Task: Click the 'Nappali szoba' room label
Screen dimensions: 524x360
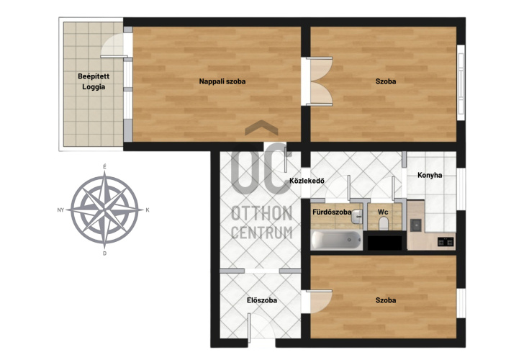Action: click(x=222, y=81)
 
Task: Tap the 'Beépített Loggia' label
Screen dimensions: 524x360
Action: click(x=94, y=81)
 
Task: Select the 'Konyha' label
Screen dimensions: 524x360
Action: click(x=430, y=175)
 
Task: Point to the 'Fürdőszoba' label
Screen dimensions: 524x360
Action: click(x=332, y=212)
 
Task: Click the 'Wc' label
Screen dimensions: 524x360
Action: click(x=383, y=212)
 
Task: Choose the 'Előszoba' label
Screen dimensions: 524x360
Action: click(x=262, y=300)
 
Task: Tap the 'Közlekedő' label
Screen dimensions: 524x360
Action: click(x=307, y=181)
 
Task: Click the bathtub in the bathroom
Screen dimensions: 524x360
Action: click(x=336, y=240)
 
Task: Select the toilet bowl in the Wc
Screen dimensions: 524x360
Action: click(x=384, y=224)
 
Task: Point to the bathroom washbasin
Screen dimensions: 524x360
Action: click(x=357, y=217)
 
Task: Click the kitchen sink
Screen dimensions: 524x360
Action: click(x=416, y=225)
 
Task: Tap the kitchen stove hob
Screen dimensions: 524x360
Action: click(x=446, y=241)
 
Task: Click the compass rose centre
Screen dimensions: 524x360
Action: click(x=104, y=210)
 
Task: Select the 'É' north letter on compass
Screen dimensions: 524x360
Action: click(x=104, y=166)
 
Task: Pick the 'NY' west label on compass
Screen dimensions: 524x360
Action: click(x=60, y=210)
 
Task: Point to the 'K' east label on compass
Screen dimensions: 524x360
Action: click(x=148, y=210)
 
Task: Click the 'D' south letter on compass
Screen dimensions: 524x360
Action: click(x=104, y=253)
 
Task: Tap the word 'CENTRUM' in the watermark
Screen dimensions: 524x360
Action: click(x=262, y=233)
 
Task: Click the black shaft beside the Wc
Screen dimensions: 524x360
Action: click(x=384, y=243)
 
